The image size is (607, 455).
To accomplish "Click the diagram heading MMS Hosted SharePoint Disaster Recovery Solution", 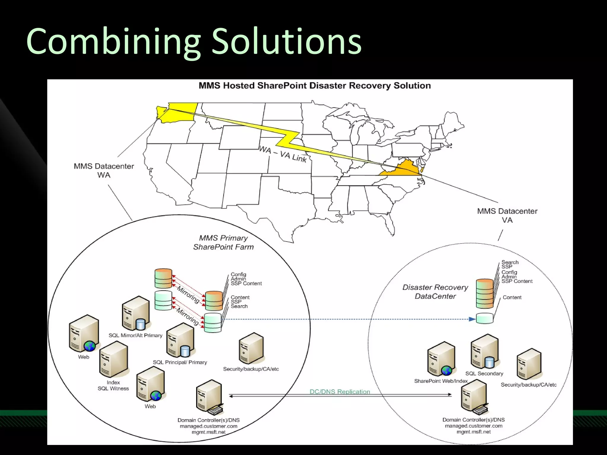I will pos(314,86).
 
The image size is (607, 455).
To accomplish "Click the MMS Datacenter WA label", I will pos(104,170).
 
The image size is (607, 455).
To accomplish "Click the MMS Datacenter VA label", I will pos(507,215).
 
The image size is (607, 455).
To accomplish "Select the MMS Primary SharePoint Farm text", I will pos(223,242).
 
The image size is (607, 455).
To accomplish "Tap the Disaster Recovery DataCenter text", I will pos(435,291).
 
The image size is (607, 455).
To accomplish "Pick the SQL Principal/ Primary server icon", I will pos(180,340).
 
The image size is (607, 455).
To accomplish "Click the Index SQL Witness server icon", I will pos(114,359).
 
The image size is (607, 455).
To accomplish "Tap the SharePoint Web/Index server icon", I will pos(441,359).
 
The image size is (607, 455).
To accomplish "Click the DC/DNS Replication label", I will pos(340,391).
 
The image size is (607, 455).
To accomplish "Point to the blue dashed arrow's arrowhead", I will pos(472,319).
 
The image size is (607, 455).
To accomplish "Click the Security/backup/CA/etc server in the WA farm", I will pos(251,348).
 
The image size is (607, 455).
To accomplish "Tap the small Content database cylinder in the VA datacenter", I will pos(485,318).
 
